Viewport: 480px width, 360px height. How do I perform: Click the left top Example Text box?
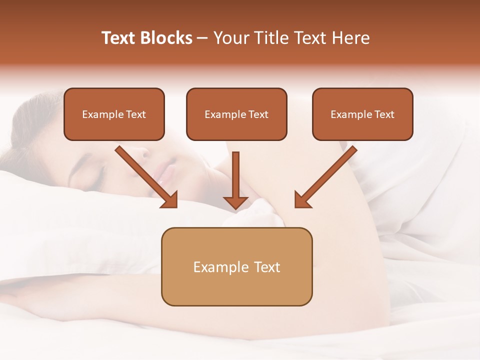[x=114, y=114]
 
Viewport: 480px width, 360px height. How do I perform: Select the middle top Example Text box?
[x=236, y=114]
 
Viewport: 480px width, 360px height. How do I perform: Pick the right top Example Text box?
[x=362, y=114]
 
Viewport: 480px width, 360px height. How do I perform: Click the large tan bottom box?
[x=236, y=266]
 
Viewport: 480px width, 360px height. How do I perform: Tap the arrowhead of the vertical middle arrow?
[x=235, y=202]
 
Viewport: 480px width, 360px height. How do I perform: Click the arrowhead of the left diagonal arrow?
[x=170, y=199]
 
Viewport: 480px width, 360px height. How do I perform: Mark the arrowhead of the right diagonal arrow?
[x=302, y=199]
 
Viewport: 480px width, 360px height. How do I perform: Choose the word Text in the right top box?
[x=384, y=114]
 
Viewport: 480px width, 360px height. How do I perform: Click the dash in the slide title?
[x=202, y=38]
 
